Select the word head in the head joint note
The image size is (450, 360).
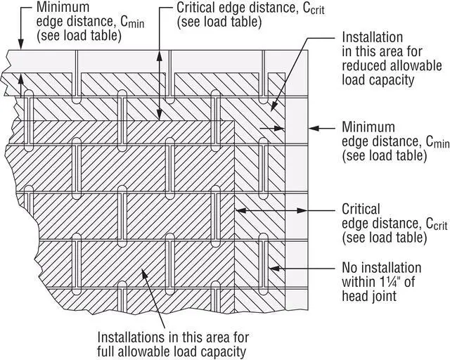pyautogui.click(x=354, y=296)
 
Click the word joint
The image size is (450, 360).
pyautogui.click(x=384, y=296)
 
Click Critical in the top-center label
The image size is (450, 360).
pyautogui.click(x=195, y=8)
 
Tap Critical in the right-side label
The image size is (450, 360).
pyautogui.click(x=361, y=209)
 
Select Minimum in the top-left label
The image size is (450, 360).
pyautogui.click(x=63, y=7)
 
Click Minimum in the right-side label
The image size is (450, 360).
pyautogui.click(x=368, y=127)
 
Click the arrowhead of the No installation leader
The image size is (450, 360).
pyautogui.click(x=274, y=269)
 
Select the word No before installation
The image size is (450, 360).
pyautogui.click(x=350, y=268)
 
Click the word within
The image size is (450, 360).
pyautogui.click(x=359, y=282)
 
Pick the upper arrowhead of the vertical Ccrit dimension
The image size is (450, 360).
pyautogui.click(x=160, y=56)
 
